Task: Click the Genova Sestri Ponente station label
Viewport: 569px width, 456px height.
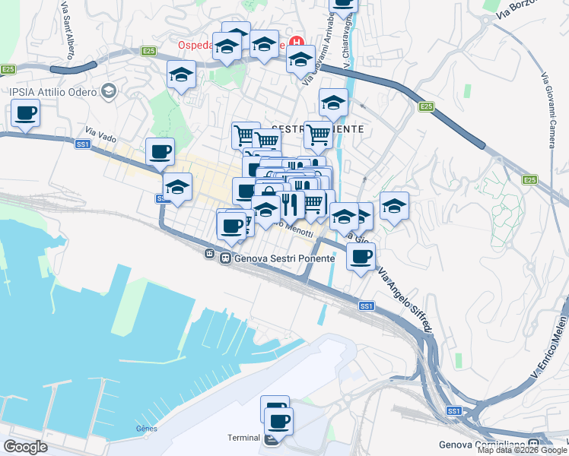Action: pos(284,258)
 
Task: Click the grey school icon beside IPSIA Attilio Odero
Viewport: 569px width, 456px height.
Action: pos(108,92)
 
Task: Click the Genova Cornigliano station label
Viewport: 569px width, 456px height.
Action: pos(484,445)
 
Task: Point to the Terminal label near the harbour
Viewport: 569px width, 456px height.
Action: pos(244,438)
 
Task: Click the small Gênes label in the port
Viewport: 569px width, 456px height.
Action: pos(146,428)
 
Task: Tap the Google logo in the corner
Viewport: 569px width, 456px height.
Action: pos(25,446)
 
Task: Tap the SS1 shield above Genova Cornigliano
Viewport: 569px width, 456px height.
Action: pos(454,411)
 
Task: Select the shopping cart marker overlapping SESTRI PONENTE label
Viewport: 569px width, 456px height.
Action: pos(318,135)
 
